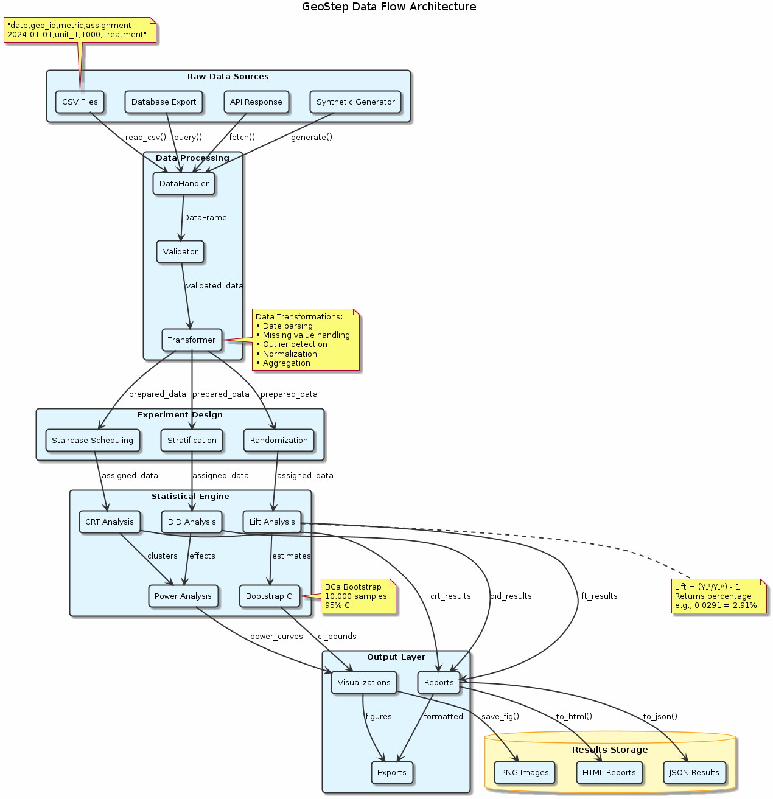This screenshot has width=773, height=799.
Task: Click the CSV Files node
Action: [80, 102]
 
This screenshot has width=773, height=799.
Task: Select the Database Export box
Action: [164, 102]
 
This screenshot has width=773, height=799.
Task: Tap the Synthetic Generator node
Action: [355, 102]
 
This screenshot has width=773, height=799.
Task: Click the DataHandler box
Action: [184, 184]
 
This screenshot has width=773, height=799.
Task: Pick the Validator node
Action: [180, 252]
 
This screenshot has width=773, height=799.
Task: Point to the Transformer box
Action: [192, 340]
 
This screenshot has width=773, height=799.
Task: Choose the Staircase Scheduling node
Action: [93, 441]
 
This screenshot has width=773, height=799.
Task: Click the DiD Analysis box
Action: [192, 522]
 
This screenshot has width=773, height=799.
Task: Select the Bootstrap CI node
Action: [270, 596]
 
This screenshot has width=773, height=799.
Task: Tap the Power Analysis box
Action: [183, 596]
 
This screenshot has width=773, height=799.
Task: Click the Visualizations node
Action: [364, 683]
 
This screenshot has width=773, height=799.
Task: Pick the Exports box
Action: [392, 773]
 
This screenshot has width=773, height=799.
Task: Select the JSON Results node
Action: [694, 773]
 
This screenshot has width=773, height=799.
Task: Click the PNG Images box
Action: [525, 773]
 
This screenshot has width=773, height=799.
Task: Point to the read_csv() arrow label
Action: [145, 138]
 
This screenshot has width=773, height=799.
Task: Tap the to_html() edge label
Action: [574, 717]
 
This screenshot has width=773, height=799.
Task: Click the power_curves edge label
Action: [276, 637]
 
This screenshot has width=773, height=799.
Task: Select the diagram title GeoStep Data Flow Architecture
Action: [389, 7]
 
